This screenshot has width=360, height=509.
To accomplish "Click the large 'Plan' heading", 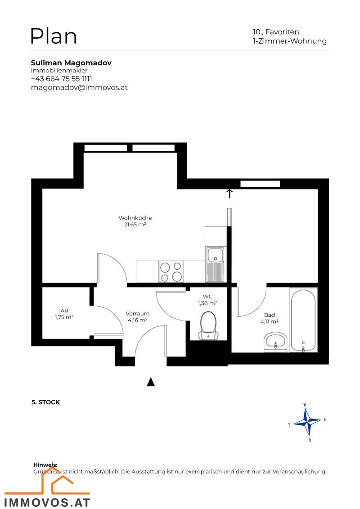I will (x=53, y=36).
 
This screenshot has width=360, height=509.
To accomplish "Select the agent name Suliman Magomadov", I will (x=71, y=63).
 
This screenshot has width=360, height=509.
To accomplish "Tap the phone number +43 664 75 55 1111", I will (x=61, y=79).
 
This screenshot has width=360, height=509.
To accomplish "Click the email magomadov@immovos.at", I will (x=79, y=87).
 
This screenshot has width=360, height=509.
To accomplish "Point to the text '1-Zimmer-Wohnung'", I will (x=289, y=41).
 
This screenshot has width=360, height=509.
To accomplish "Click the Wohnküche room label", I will (x=135, y=218).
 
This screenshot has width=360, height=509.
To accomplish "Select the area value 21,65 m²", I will (x=135, y=225).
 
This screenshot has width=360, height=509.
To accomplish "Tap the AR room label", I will (x=64, y=311).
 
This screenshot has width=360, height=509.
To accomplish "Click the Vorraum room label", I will (x=137, y=314).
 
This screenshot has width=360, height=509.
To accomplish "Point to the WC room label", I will (x=207, y=297).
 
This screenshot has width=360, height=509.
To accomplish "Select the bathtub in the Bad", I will (x=303, y=320).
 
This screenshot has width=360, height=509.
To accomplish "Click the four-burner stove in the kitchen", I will (x=171, y=271).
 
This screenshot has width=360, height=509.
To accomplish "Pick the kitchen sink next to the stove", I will (x=216, y=263).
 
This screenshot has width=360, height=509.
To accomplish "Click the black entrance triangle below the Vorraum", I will (x=151, y=382).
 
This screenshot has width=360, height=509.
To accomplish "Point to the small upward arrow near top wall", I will (x=229, y=194).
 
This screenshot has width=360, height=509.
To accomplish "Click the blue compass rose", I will (x=307, y=422).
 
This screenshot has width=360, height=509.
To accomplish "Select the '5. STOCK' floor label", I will (x=45, y=402).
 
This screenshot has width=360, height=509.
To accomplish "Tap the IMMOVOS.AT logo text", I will (x=47, y=501).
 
